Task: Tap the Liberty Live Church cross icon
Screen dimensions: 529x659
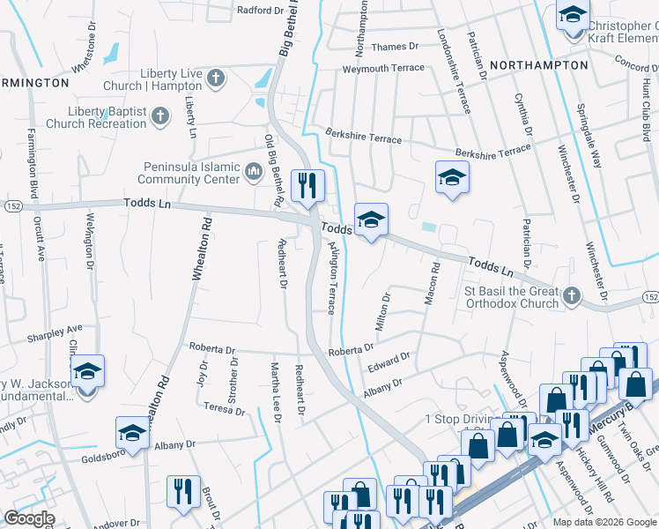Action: tap(215, 78)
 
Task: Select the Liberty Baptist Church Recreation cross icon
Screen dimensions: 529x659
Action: tap(160, 115)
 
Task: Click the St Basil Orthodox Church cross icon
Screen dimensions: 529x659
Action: tap(573, 295)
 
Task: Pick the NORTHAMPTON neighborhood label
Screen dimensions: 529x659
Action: tap(538, 65)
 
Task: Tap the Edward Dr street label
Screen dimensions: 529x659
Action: tap(389, 361)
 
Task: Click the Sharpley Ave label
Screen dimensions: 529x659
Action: tap(54, 334)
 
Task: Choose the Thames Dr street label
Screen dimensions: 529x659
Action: tap(394, 47)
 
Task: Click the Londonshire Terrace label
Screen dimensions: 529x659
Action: tap(453, 71)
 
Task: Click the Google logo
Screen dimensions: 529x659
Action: tap(29, 518)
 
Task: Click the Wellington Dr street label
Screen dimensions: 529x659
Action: tap(90, 240)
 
